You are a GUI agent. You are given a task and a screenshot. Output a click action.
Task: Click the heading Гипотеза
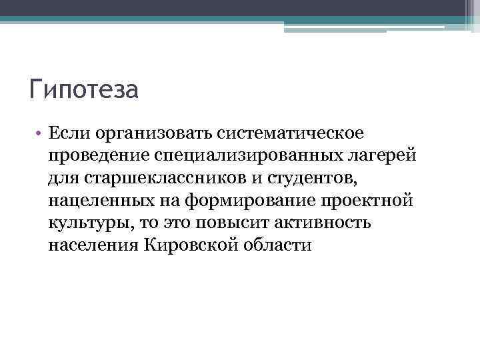point(83,89)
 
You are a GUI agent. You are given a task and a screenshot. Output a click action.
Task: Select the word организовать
point(151,133)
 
